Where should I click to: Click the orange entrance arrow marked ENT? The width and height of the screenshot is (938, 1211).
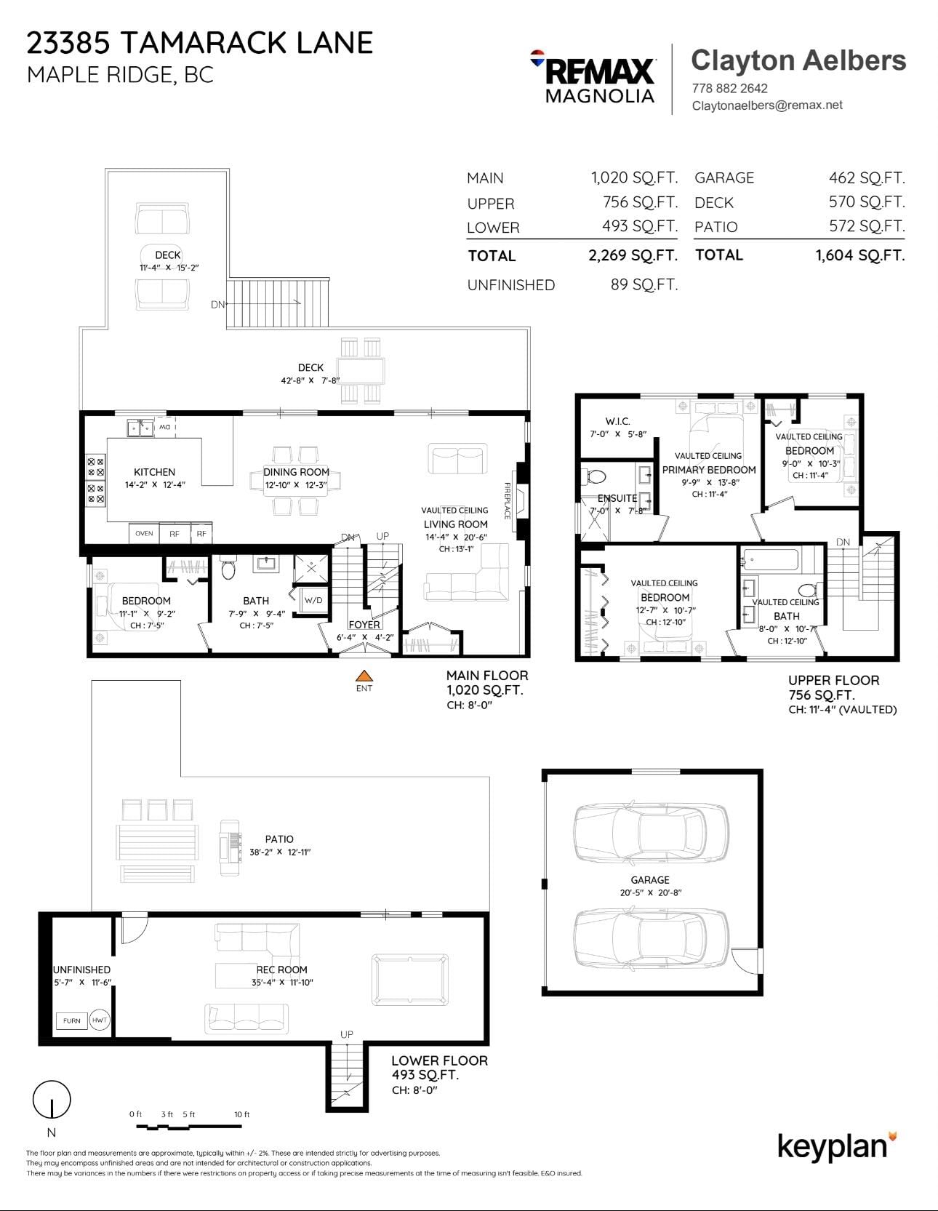point(364,676)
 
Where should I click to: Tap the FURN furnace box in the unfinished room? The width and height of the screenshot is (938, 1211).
point(72,1020)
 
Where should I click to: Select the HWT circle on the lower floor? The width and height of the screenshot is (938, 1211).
point(100,1020)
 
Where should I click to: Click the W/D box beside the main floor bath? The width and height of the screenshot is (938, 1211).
point(313,600)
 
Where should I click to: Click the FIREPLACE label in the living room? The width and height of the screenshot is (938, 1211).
point(508,500)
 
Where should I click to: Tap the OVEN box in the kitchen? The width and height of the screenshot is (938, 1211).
point(144,533)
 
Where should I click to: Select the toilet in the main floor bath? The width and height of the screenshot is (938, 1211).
point(228,567)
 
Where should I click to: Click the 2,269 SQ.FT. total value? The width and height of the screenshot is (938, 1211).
point(633,255)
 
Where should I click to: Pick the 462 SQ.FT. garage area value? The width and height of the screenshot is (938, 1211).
point(867,177)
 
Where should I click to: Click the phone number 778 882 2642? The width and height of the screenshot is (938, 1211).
point(729,88)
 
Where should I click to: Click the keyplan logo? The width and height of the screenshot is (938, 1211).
point(837,1146)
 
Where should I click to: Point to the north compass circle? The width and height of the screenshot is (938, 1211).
point(52,1099)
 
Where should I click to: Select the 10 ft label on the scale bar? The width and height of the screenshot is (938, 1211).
point(242,1114)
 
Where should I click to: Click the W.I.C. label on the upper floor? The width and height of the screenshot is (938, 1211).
point(617,421)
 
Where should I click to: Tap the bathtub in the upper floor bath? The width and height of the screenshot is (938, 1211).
point(769,561)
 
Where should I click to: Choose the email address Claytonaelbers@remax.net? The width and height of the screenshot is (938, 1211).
point(767,105)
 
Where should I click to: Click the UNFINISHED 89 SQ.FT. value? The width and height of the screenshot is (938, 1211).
point(644,284)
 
